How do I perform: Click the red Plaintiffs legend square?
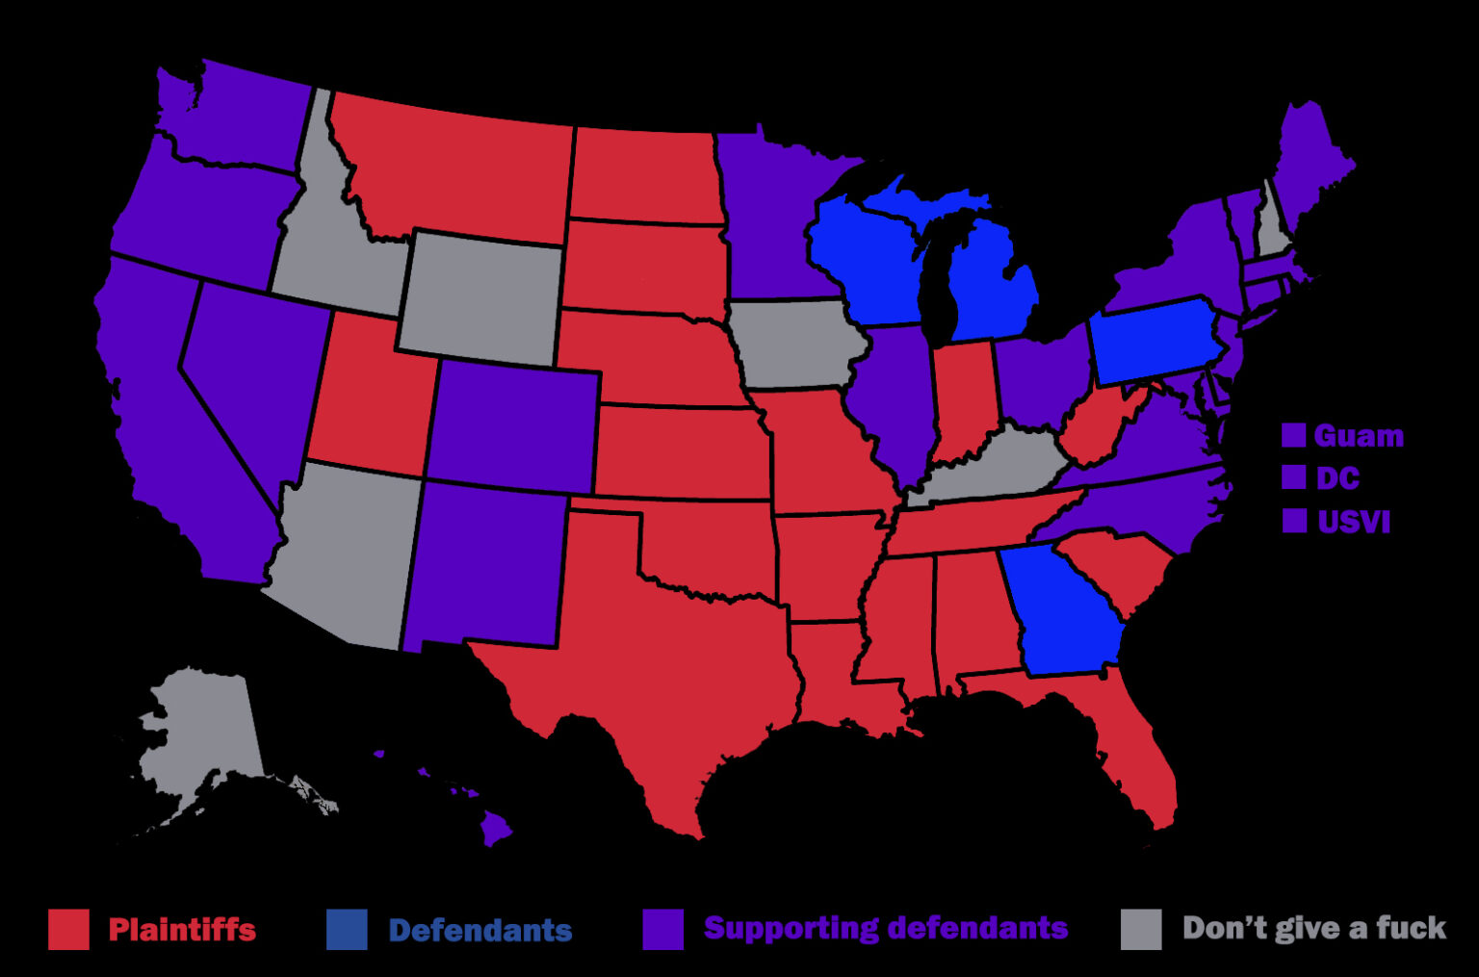pyautogui.click(x=68, y=929)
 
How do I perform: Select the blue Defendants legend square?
pyautogui.click(x=347, y=929)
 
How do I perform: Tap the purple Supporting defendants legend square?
pyautogui.click(x=662, y=929)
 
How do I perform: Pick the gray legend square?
pyautogui.click(x=1141, y=929)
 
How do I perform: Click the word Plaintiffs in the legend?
pyautogui.click(x=182, y=930)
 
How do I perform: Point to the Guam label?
pyautogui.click(x=1359, y=436)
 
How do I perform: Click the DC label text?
pyautogui.click(x=1337, y=478)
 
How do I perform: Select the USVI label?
pyautogui.click(x=1354, y=522)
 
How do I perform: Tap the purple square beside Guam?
pyautogui.click(x=1293, y=435)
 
